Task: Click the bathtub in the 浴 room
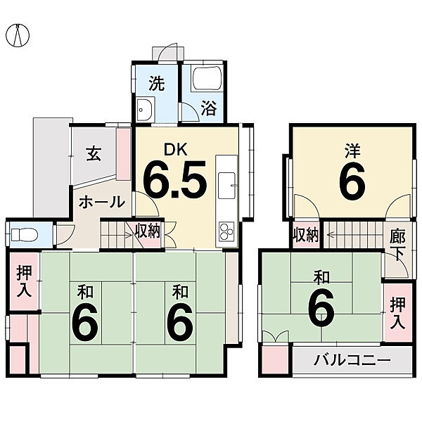pyautogui.click(x=206, y=79)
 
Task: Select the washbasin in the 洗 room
pyautogui.click(x=146, y=109)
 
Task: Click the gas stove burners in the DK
pyautogui.click(x=226, y=231)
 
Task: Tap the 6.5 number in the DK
pyautogui.click(x=175, y=180)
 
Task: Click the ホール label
pyautogui.click(x=101, y=202)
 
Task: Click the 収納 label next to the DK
pyautogui.click(x=148, y=230)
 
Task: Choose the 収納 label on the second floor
pyautogui.click(x=306, y=235)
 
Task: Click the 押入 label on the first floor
pyautogui.click(x=23, y=282)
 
